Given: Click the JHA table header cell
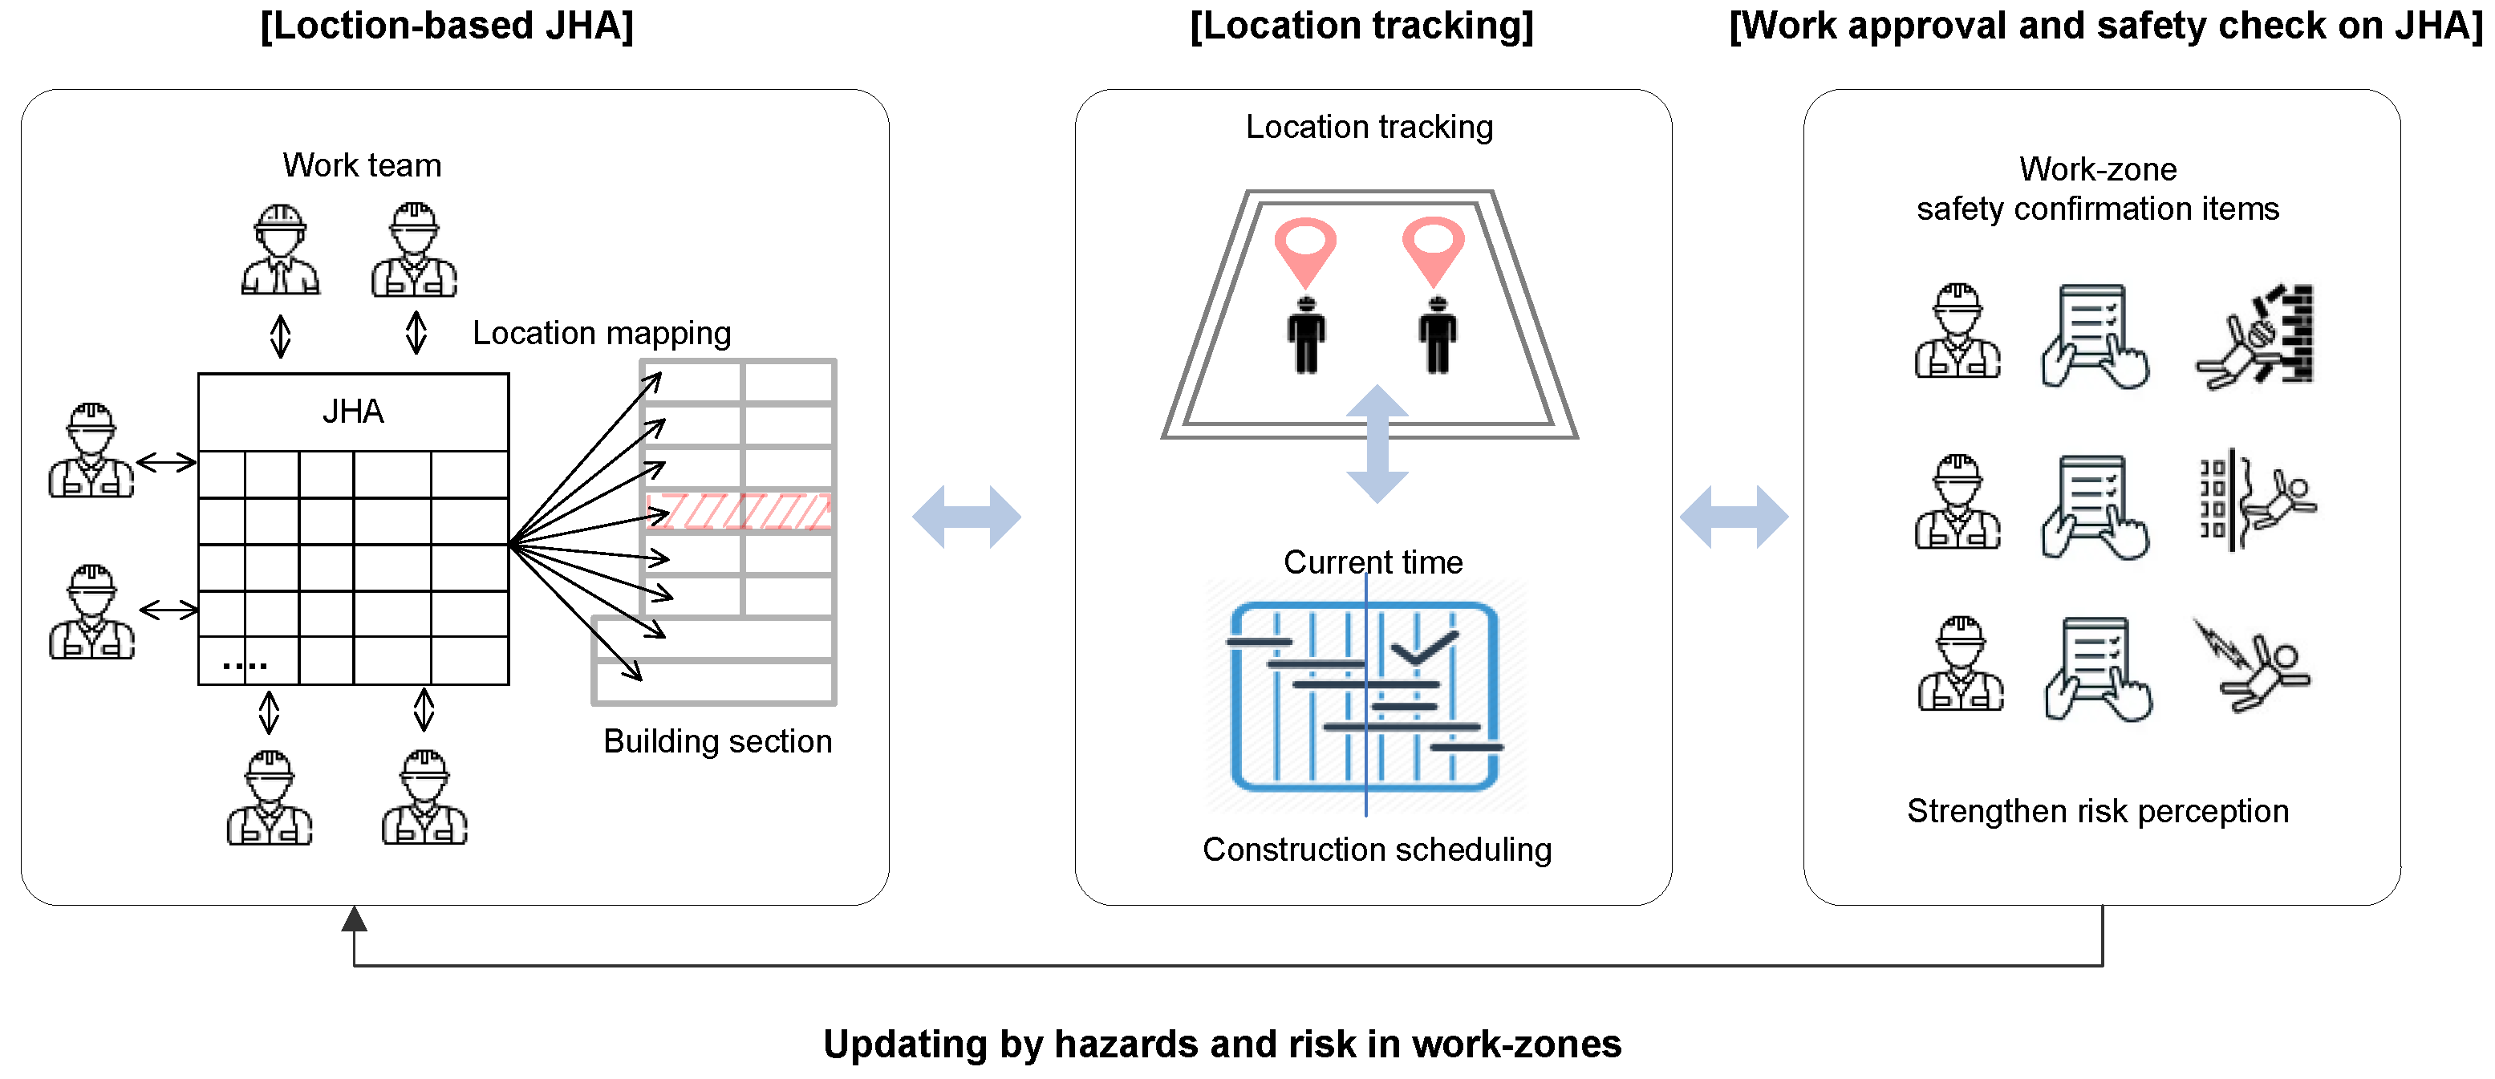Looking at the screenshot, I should point(354,412).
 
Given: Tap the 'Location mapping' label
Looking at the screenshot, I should point(602,333).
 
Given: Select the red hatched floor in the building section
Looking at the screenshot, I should point(738,510).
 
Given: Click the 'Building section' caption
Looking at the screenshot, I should point(716,741).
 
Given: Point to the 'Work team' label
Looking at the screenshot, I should point(361,165).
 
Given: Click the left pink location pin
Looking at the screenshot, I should point(1304,247).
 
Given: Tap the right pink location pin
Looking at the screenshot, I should point(1434,247).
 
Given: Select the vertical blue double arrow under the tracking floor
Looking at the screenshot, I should point(1377,444).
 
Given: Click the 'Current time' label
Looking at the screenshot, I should point(1373,562).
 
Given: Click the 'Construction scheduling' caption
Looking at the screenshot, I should point(1377,850).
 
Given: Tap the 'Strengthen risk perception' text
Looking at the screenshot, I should point(2097,811).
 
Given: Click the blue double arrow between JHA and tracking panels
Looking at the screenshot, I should point(967,517).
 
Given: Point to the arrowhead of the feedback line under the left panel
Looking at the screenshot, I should point(355,919).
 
